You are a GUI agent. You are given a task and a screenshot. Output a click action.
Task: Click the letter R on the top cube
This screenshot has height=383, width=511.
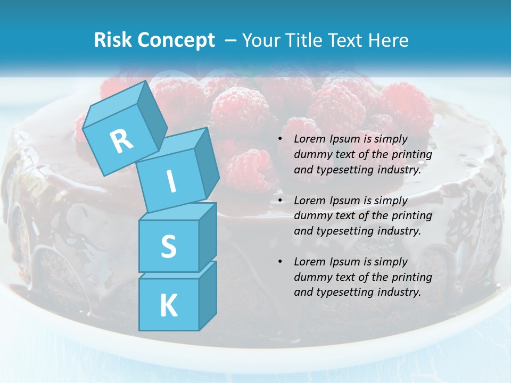point(121,141)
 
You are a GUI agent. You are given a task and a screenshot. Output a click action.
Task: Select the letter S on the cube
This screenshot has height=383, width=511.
point(168,246)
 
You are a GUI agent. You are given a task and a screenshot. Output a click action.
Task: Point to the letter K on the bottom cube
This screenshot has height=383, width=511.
point(168,306)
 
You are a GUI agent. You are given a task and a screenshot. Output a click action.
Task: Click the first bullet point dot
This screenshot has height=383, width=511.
point(281,139)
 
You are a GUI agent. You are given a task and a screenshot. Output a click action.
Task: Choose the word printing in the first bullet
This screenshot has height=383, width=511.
point(413,155)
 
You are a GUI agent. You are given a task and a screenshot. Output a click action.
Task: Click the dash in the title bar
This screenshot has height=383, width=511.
point(231,40)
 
